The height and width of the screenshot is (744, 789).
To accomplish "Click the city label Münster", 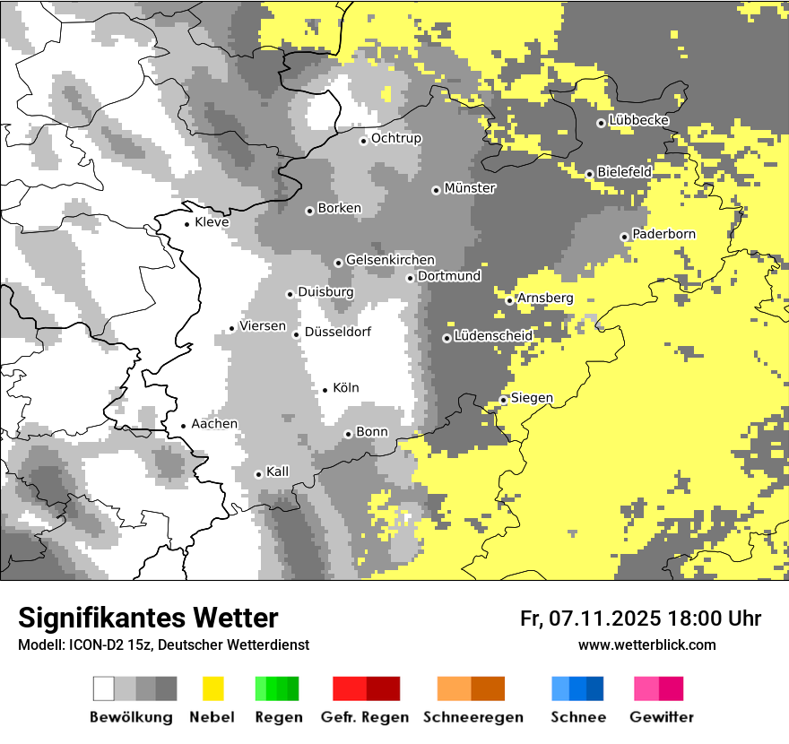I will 470,188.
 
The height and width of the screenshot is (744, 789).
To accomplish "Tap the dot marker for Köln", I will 325,389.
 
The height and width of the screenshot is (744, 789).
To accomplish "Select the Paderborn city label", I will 663,234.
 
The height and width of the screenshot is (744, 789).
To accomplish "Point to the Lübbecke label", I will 638,120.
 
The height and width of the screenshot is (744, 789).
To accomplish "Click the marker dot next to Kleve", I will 186,224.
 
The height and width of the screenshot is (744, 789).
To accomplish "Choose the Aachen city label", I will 214,424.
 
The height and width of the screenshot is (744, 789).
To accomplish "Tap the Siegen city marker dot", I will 504,400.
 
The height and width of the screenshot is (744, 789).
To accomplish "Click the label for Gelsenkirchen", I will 390,260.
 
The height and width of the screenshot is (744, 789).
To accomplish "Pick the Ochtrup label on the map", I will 395,138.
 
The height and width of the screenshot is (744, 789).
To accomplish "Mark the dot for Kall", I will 258,474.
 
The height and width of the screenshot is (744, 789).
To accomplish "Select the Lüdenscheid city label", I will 493,336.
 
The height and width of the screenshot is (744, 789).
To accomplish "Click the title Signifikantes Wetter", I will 148,618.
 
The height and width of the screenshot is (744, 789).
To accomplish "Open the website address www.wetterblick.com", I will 646,645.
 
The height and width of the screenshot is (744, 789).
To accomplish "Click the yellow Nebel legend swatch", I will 212,688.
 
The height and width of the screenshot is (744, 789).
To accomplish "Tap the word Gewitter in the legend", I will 661,717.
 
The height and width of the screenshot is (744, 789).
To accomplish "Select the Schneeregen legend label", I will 473,717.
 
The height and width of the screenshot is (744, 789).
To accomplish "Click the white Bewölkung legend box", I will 104,688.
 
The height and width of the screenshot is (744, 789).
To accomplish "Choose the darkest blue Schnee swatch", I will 594,688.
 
